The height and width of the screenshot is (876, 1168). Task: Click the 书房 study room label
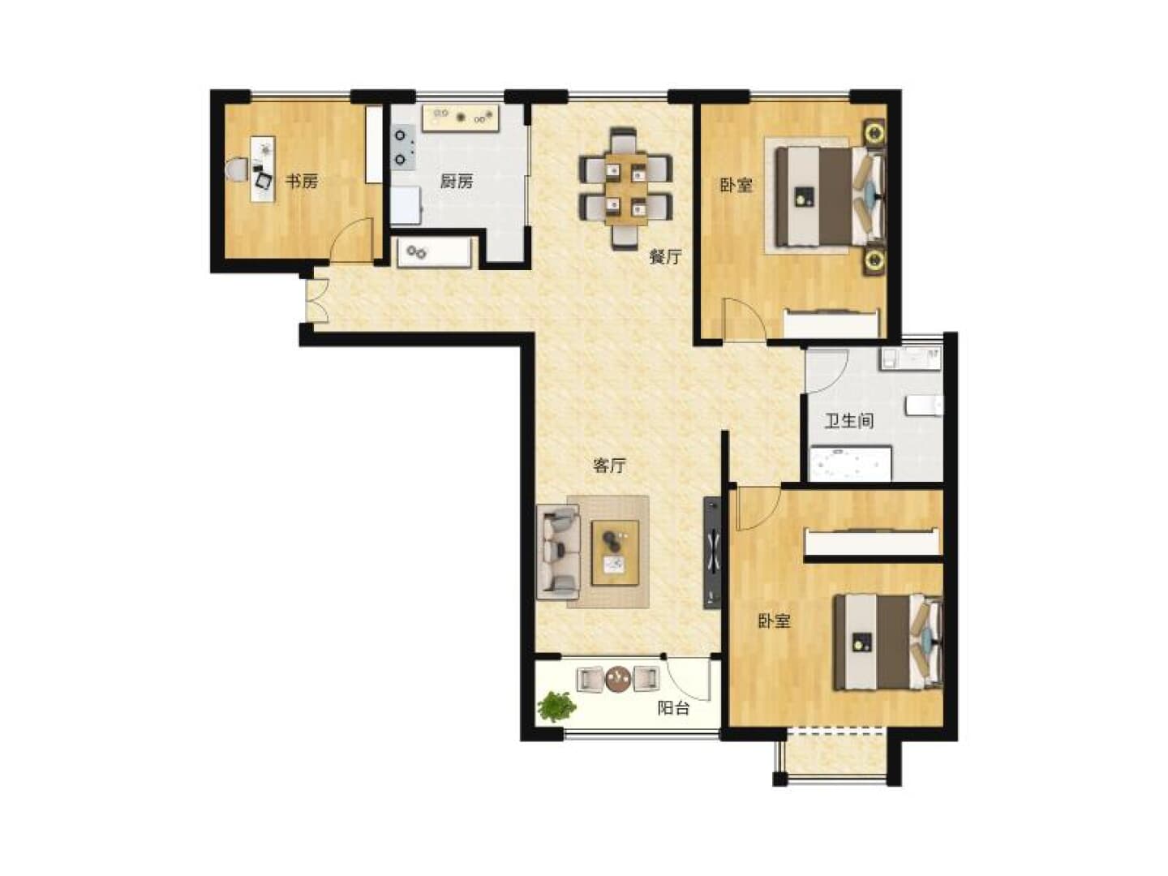coord(302,182)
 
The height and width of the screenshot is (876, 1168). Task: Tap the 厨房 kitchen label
coord(456,182)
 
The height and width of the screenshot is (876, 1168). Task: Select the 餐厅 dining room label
coord(665,257)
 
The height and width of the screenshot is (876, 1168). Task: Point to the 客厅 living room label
coord(609,466)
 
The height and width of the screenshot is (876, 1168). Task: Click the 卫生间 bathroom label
coord(848,421)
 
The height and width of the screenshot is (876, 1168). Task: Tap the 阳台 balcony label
coord(673,708)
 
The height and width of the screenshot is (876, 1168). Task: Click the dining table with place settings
coord(625,189)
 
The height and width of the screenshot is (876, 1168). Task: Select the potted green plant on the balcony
coord(556,706)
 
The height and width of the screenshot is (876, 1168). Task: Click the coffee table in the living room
coord(615,552)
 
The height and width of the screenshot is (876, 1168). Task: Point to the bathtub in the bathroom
coord(850,464)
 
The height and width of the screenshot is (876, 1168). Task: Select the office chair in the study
coord(238,170)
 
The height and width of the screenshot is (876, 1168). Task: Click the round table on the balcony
coord(618,679)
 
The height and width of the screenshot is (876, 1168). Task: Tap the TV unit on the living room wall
coord(712,552)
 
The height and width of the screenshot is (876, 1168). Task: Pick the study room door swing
coord(351,239)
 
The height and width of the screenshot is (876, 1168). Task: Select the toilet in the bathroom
coord(925,406)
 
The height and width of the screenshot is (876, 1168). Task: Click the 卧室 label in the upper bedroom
coord(736,186)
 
